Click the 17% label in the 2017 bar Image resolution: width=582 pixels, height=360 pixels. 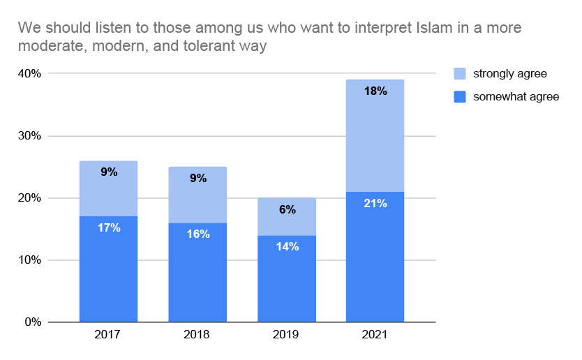pos(109,227)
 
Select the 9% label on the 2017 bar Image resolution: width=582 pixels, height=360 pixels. pos(109,171)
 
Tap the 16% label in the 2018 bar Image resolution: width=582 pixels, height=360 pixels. pos(197,234)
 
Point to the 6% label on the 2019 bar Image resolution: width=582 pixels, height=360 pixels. pos(287,209)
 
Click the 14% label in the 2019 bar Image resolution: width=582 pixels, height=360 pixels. pos(287,246)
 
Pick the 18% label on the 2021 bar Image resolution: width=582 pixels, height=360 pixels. pos(375,91)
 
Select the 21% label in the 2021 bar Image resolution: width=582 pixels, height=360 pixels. pos(375,203)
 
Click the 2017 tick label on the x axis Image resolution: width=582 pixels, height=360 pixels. pos(108,335)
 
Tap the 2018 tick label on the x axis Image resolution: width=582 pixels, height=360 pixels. pos(197,335)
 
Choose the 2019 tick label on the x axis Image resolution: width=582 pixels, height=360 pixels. pos(287,335)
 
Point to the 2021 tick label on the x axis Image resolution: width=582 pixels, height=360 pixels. pos(375,335)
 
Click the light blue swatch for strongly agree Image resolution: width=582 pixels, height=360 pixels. pos(460,73)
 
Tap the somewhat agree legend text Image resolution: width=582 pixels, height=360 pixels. pos(516,97)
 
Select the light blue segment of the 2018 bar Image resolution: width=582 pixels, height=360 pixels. pos(197,195)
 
